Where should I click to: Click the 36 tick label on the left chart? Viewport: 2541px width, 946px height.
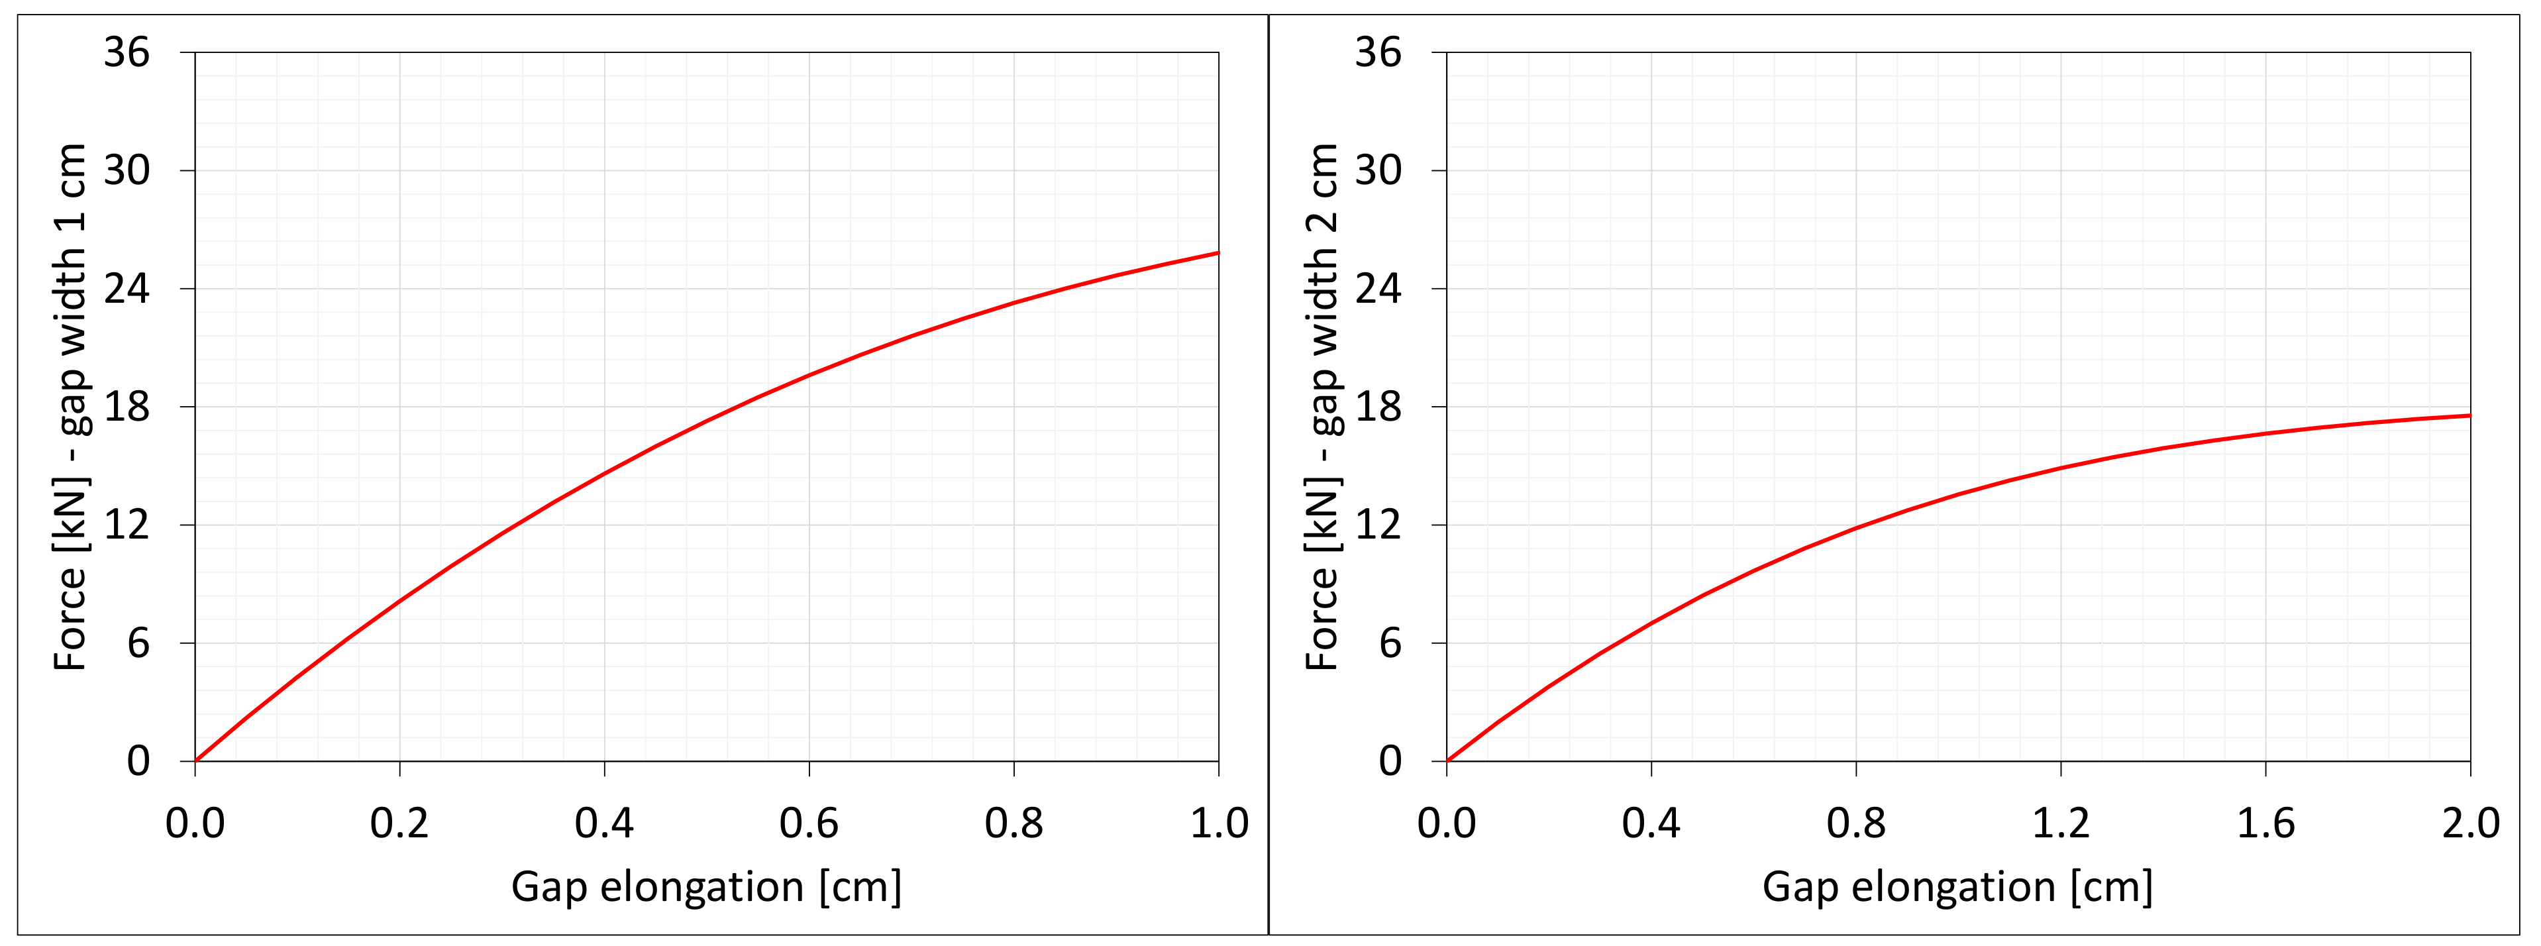(x=127, y=52)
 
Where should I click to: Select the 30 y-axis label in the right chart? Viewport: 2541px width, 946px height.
(x=1378, y=171)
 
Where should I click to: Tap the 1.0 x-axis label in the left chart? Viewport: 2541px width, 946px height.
(x=1219, y=823)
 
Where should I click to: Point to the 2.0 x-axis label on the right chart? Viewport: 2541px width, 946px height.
(x=2470, y=823)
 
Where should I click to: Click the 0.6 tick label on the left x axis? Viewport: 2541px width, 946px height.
(x=809, y=823)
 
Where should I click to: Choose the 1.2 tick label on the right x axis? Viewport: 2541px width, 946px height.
(x=2061, y=823)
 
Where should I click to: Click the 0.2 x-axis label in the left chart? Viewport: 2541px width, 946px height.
(x=399, y=823)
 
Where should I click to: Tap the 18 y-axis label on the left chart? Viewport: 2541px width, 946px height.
(x=127, y=406)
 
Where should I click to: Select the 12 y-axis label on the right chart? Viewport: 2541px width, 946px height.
(x=1378, y=525)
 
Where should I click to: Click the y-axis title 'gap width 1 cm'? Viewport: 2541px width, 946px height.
(x=71, y=406)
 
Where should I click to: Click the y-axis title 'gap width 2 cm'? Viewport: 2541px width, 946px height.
(x=1322, y=406)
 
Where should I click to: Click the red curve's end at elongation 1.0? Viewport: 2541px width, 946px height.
(x=1218, y=254)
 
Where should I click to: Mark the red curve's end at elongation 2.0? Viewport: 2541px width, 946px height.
(x=2469, y=415)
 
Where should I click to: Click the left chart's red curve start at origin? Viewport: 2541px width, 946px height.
(x=196, y=760)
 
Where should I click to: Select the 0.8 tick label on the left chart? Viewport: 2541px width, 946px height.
(x=1014, y=823)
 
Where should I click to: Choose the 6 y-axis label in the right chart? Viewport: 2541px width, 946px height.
(x=1390, y=643)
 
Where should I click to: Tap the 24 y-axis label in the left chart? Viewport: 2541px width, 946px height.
(x=127, y=288)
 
